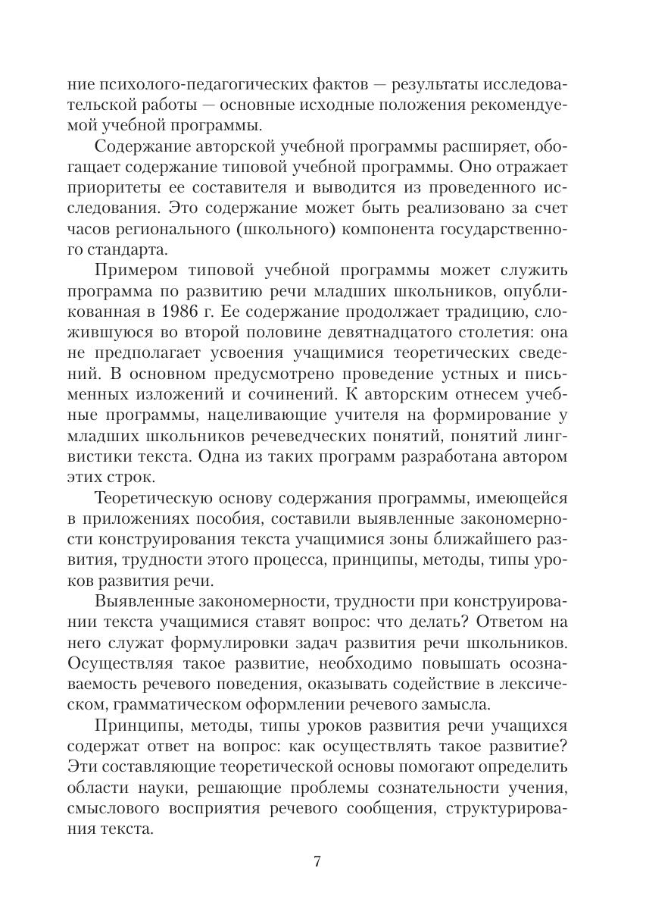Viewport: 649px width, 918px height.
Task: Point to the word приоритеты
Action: coord(112,186)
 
